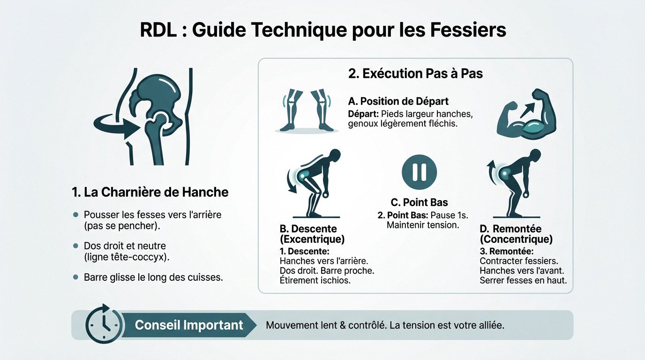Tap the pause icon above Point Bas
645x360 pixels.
pos(419,172)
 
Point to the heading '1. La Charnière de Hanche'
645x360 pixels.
pos(150,192)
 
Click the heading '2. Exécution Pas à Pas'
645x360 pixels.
pos(415,74)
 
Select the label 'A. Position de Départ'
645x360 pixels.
pos(398,101)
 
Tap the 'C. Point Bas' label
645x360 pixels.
pos(419,202)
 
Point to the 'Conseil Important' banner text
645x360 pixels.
pos(189,325)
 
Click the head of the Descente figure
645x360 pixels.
pos(336,155)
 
